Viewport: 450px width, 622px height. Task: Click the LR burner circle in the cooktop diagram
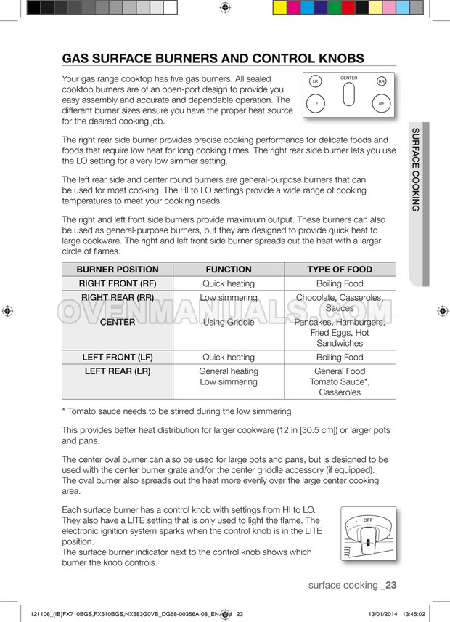coord(315,81)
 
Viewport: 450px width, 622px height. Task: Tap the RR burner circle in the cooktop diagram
coord(382,81)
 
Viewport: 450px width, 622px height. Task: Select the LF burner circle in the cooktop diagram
coord(316,105)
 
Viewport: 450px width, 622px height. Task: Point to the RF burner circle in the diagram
coord(381,105)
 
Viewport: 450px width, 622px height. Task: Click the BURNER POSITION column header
coord(117,270)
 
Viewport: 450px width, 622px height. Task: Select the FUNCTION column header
coord(229,270)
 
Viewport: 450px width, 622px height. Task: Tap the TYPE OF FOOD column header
coord(340,270)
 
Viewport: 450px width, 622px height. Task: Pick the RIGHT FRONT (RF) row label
coord(117,284)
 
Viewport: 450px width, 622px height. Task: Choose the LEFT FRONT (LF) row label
coord(117,358)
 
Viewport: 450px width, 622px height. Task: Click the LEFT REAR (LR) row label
coord(117,371)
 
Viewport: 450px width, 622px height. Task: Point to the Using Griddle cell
coord(229,323)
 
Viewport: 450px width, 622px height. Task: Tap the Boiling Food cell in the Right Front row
coord(340,284)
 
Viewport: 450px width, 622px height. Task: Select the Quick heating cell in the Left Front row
coord(229,358)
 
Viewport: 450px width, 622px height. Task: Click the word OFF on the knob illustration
coord(368,520)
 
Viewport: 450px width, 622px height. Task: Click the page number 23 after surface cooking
coord(390,586)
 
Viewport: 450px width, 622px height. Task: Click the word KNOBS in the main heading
coord(335,59)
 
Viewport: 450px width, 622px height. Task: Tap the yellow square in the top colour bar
coord(279,8)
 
